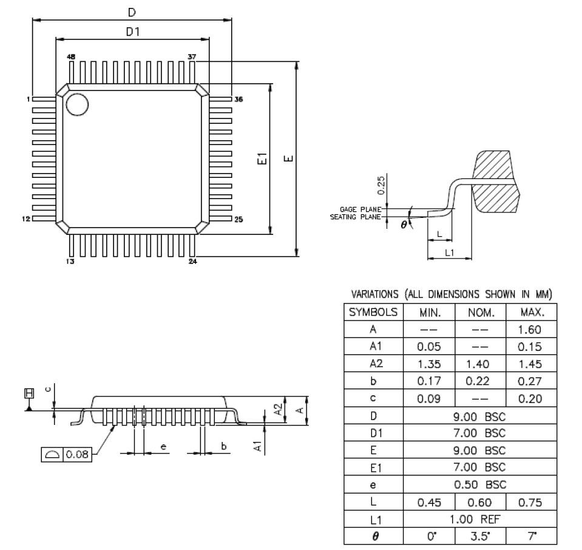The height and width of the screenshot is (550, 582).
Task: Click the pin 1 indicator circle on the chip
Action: pos(77,104)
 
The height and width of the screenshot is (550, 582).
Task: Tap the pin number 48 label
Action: pos(71,56)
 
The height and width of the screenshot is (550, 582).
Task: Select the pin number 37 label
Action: pos(192,56)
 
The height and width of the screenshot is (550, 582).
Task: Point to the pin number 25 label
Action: pos(239,219)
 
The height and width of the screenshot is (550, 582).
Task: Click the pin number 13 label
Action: pos(70,262)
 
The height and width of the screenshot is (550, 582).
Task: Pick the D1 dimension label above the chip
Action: pos(133,32)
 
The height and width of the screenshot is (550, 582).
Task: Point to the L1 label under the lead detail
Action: pos(449,253)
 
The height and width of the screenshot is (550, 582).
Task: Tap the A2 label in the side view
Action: pos(277,410)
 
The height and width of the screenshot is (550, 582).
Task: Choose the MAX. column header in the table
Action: pos(531,313)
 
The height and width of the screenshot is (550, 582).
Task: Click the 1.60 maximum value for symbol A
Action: pos(531,330)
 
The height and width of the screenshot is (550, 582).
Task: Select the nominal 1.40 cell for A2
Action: pos(479,364)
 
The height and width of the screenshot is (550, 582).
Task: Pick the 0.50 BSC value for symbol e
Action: pos(479,485)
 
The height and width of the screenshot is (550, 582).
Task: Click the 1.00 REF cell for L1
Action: pos(479,520)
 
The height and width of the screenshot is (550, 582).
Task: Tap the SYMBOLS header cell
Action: pos(373,313)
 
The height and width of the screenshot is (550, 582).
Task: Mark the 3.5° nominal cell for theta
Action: pos(479,537)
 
